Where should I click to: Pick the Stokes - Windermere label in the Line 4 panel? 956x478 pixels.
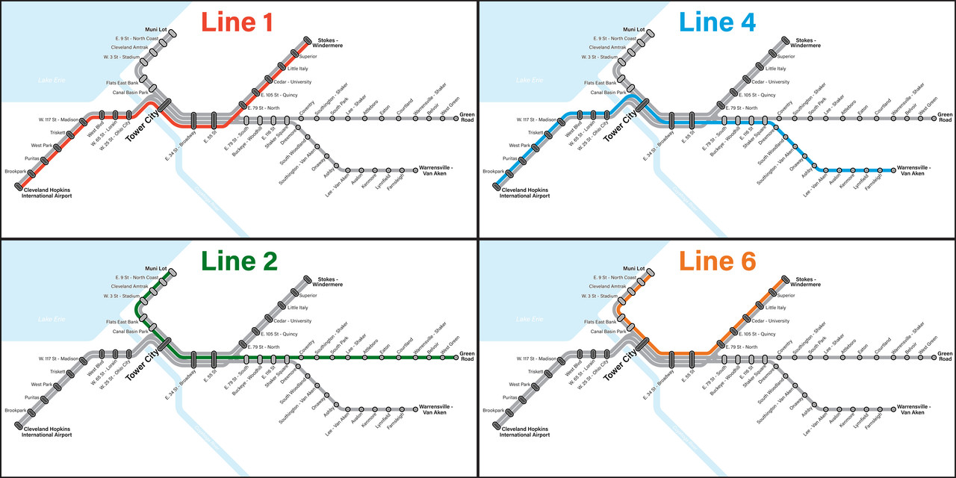click(807, 43)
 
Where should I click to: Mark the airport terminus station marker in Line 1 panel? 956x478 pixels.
click(18, 186)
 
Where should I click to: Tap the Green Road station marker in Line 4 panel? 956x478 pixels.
click(934, 118)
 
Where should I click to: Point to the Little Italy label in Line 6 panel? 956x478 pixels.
click(775, 308)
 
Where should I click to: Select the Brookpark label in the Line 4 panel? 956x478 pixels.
click(493, 172)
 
